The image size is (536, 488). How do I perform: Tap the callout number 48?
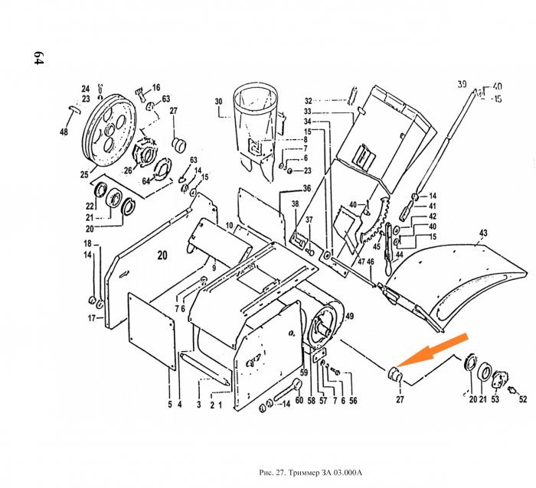coord(64,132)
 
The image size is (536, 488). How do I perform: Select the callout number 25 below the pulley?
coord(84,175)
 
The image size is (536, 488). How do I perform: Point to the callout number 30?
coord(218,102)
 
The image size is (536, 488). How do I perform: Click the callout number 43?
coord(483,233)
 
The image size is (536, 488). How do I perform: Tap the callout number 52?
coord(523,399)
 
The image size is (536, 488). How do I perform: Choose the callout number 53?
coord(495,399)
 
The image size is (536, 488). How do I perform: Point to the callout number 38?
coord(294,204)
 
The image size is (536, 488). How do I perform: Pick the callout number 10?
coord(229,226)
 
